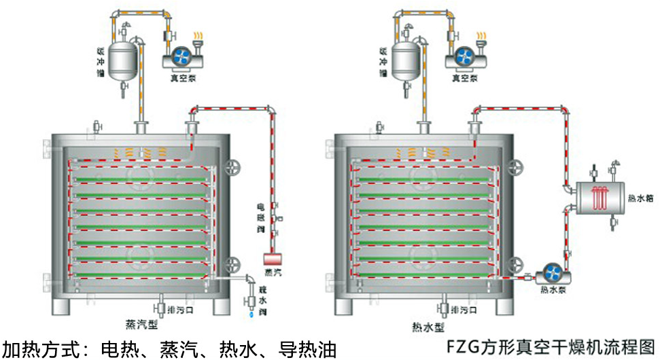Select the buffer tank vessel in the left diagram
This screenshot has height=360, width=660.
(124, 57)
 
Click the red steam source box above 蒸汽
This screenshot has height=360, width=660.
(273, 259)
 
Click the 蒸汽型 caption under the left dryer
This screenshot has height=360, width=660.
(142, 324)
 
